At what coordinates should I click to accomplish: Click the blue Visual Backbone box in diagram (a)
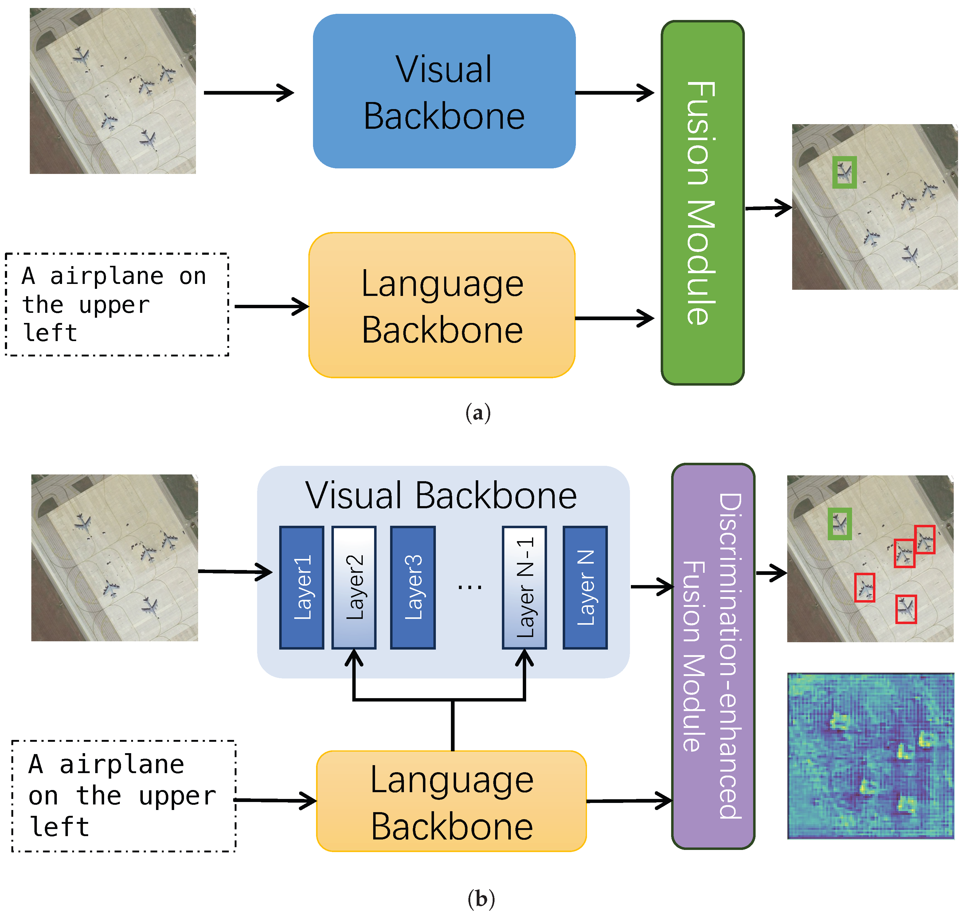click(444, 91)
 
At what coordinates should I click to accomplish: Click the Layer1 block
click(302, 588)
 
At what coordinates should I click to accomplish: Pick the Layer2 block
click(354, 588)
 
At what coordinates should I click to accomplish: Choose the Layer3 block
click(413, 588)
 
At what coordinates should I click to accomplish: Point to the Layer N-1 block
click(524, 588)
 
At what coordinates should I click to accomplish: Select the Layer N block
click(585, 588)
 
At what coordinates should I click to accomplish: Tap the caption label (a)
click(478, 413)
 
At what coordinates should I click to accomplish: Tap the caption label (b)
click(481, 898)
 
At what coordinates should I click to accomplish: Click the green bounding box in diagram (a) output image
click(844, 172)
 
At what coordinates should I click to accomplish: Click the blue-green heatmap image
click(870, 755)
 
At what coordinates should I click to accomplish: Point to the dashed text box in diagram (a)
click(117, 304)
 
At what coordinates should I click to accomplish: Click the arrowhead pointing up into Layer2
click(354, 659)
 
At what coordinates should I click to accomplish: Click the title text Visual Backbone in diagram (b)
click(441, 496)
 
